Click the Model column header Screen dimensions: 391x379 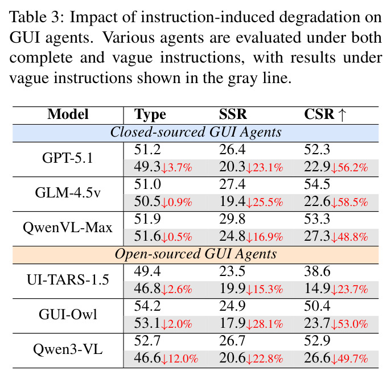pyautogui.click(x=68, y=114)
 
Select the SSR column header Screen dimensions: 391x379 pyautogui.click(x=233, y=114)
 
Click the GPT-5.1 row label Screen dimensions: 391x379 pyautogui.click(x=67, y=158)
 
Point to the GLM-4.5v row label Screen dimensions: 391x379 pyautogui.click(x=68, y=193)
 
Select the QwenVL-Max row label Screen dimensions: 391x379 pyautogui.click(x=68, y=228)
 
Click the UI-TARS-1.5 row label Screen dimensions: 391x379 pyautogui.click(x=68, y=280)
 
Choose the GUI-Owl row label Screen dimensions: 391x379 pyautogui.click(x=68, y=315)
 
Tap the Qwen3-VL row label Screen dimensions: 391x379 pyautogui.click(x=68, y=349)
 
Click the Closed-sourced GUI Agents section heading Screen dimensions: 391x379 pyautogui.click(x=196, y=132)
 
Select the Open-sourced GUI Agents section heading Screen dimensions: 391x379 pyautogui.click(x=196, y=254)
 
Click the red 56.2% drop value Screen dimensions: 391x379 pyautogui.click(x=349, y=167)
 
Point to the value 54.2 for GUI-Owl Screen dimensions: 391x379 pyautogui.click(x=147, y=306)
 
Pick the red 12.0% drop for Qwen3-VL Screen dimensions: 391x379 pyautogui.click(x=180, y=359)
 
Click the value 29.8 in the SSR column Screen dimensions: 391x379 pyautogui.click(x=232, y=219)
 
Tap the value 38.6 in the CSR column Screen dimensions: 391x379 pyautogui.click(x=317, y=271)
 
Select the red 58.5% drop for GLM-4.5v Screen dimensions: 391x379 pyautogui.click(x=349, y=202)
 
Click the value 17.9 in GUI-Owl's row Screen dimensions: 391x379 pyautogui.click(x=232, y=323)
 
